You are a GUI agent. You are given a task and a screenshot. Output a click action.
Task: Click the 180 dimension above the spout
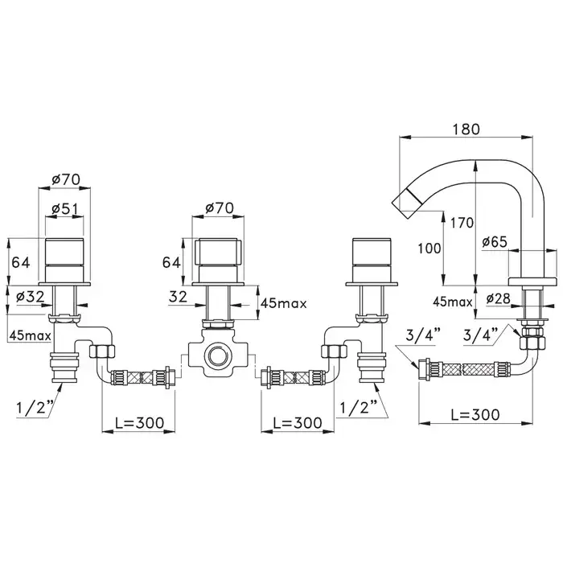tap(466, 129)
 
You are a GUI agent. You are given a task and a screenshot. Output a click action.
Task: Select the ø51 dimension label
tap(64, 208)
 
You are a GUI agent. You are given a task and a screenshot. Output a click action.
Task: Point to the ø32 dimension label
tap(31, 297)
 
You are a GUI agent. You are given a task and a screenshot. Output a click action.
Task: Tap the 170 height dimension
tap(462, 223)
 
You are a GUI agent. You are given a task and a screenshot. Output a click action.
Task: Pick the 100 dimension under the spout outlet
tap(429, 248)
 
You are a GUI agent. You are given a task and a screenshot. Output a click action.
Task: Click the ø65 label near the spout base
tap(495, 242)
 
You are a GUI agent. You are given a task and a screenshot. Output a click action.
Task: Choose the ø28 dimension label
tap(499, 298)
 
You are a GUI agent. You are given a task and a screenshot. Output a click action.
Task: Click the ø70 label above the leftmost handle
tap(66, 179)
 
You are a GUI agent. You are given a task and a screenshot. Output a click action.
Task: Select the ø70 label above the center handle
tap(220, 208)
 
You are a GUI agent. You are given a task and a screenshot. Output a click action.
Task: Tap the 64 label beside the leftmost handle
tap(21, 262)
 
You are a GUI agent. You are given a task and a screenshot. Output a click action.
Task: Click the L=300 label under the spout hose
tap(475, 415)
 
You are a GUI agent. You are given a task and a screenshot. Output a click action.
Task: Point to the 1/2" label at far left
tap(35, 408)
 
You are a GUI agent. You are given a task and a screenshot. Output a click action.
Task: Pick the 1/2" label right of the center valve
tap(359, 408)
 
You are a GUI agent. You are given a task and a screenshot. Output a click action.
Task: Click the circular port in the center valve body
tap(217, 355)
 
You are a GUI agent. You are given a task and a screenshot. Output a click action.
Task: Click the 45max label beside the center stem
tap(284, 304)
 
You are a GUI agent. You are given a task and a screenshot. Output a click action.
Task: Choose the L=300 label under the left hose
tap(139, 422)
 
